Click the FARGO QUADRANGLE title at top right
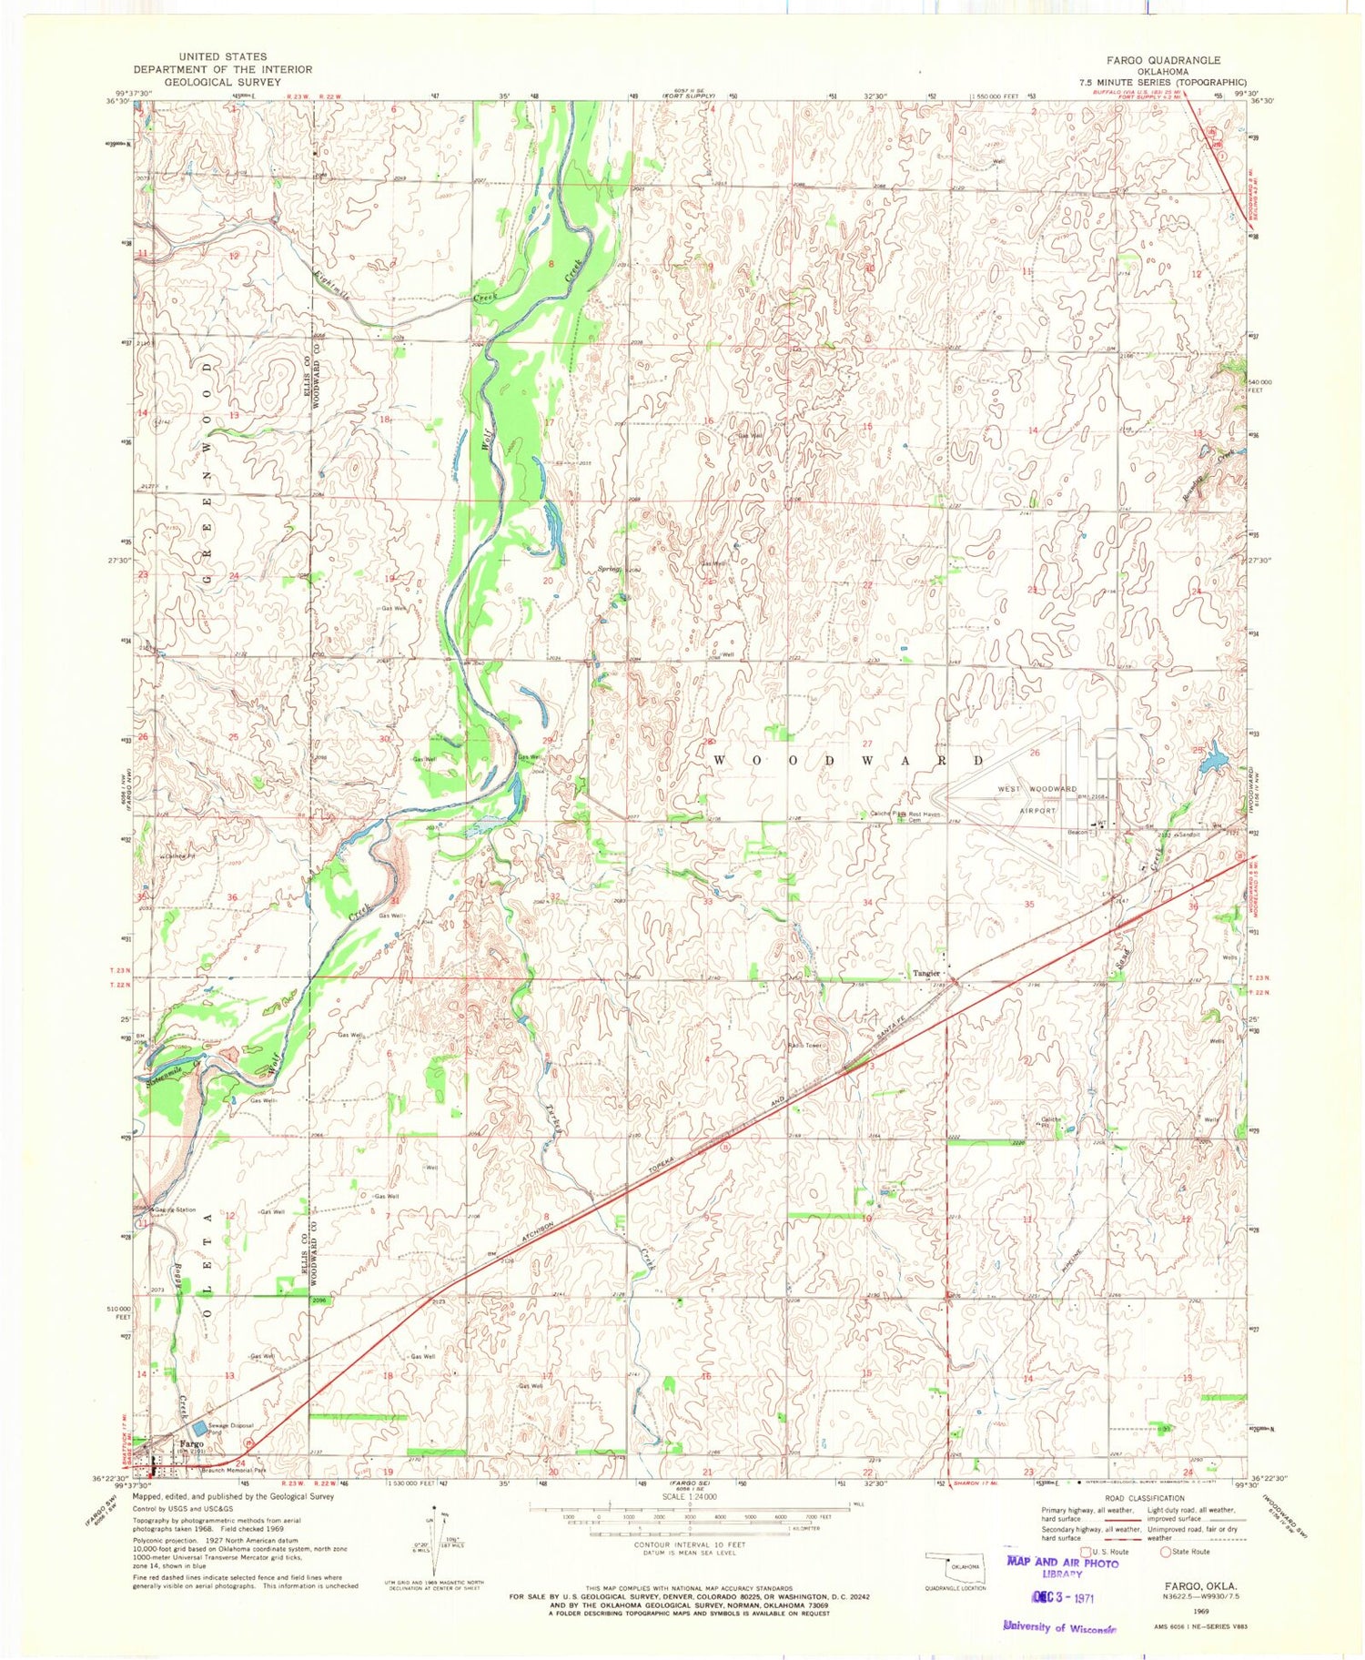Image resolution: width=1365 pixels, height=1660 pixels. pyautogui.click(x=1163, y=60)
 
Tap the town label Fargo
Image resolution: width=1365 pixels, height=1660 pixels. pyautogui.click(x=191, y=1444)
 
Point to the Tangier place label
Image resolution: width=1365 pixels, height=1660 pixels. pyautogui.click(x=926, y=973)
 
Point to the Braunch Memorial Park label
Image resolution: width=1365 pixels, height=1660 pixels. pyautogui.click(x=233, y=1469)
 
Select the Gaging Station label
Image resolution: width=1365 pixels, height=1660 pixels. pyautogui.click(x=173, y=1210)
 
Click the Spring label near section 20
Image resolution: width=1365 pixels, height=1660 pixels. pyautogui.click(x=608, y=570)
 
